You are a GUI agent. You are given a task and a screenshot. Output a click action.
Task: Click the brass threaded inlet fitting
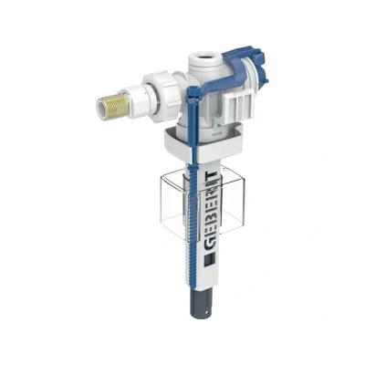point(114,107)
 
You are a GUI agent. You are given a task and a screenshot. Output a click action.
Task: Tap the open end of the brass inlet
point(101,107)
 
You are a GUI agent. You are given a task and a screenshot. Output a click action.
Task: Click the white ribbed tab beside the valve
point(240,106)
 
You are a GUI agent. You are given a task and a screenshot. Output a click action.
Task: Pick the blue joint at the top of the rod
point(193,92)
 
